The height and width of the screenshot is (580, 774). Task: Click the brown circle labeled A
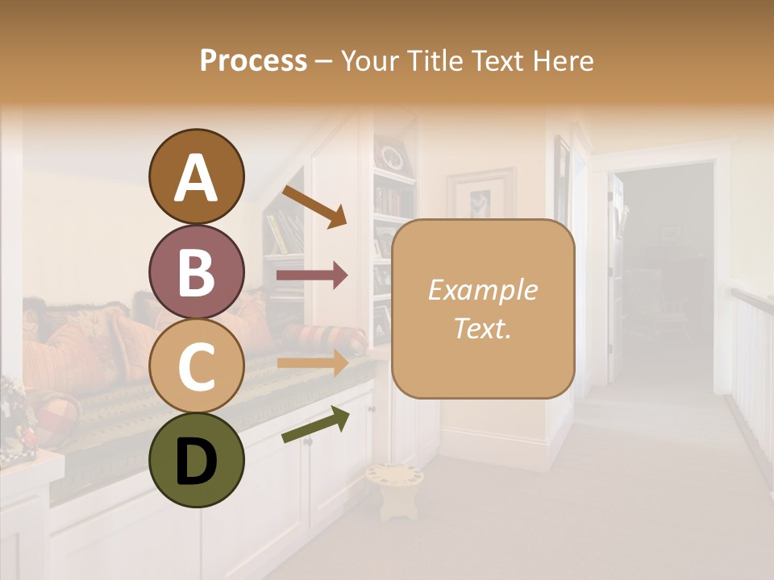pyautogui.click(x=196, y=176)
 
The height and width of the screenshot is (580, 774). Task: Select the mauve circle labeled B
pyautogui.click(x=196, y=271)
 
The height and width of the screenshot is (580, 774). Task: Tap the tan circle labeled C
pyautogui.click(x=196, y=366)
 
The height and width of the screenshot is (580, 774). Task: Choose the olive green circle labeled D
pyautogui.click(x=196, y=461)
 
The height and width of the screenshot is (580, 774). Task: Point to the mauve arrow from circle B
pyautogui.click(x=312, y=275)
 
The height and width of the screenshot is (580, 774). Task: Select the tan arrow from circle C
pyautogui.click(x=312, y=363)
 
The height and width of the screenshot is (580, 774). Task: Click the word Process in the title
pyautogui.click(x=253, y=61)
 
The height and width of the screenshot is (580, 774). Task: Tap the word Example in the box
pyautogui.click(x=482, y=291)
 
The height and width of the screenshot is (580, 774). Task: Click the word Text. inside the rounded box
pyautogui.click(x=482, y=328)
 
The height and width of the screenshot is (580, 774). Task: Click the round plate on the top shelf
pyautogui.click(x=393, y=156)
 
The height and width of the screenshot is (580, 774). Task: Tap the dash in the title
pyautogui.click(x=323, y=61)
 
